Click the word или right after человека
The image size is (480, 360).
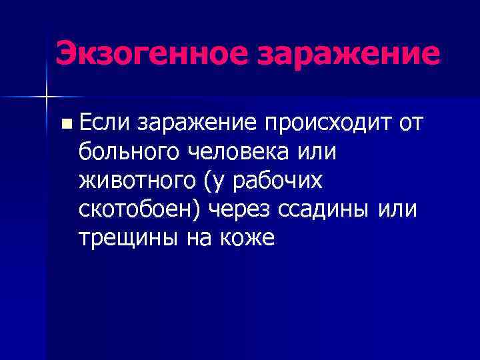click(x=318, y=151)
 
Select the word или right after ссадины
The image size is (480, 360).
click(x=397, y=209)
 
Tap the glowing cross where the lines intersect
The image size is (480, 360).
click(x=46, y=97)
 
